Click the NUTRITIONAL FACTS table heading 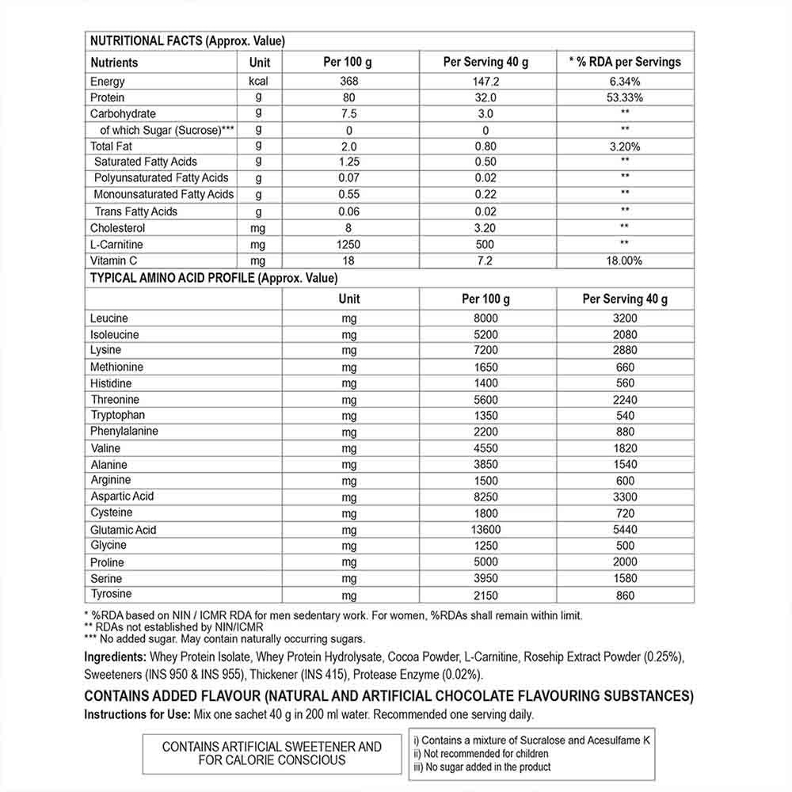188,41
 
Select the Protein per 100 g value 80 348,97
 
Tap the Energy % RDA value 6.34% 625,81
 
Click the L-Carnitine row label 116,245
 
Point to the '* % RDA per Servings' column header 625,62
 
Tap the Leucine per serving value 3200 625,318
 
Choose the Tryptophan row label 118,415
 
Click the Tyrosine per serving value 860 625,595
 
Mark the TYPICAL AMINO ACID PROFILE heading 214,278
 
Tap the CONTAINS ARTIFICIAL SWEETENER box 272,752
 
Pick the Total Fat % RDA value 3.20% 625,147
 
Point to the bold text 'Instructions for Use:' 135,714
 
